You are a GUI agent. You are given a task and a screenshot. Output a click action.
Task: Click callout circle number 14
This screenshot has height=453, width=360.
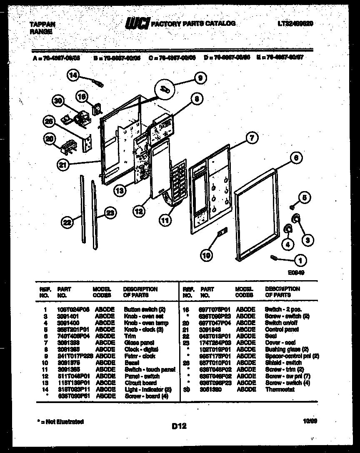[73, 75]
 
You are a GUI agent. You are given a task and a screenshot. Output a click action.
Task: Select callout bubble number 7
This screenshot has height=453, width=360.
[251, 138]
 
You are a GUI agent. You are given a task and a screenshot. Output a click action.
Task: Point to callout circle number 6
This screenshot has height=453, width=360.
[295, 158]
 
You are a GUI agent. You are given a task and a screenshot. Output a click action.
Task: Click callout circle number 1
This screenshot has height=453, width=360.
[299, 261]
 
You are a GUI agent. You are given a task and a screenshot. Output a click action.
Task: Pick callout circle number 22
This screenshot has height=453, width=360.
[67, 223]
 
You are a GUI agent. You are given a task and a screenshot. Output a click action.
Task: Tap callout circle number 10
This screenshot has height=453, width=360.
[206, 255]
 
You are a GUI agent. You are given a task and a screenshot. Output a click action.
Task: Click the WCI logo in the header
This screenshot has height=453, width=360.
[137, 24]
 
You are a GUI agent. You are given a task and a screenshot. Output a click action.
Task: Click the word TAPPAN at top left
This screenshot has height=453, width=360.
[42, 25]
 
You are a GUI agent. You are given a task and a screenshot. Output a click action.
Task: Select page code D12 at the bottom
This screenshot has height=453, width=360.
[179, 426]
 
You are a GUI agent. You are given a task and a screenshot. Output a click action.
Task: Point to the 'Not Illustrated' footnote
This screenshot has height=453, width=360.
[60, 422]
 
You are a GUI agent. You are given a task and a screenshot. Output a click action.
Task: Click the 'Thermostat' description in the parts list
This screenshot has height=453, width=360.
[280, 390]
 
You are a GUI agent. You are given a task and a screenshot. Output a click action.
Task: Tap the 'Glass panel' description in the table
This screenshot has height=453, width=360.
[139, 343]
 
